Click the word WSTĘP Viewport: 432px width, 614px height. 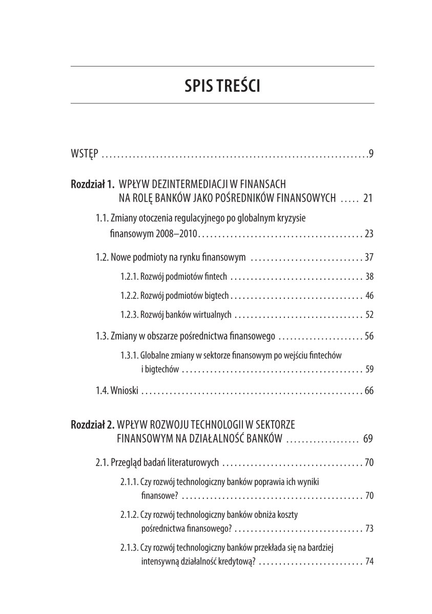pyautogui.click(x=83, y=154)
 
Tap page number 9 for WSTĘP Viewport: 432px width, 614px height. pyautogui.click(x=372, y=154)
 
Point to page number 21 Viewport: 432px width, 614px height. pyautogui.click(x=367, y=198)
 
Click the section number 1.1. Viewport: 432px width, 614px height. pyautogui.click(x=101, y=218)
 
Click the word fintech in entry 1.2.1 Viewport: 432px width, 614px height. pyautogui.click(x=214, y=277)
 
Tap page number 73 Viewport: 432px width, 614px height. pyautogui.click(x=369, y=529)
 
